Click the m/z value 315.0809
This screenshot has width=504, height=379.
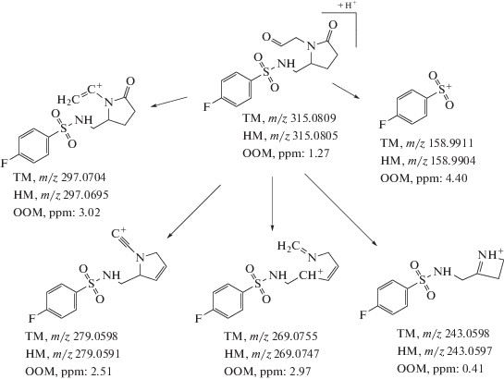(313, 118)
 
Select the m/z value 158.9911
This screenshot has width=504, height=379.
(451, 143)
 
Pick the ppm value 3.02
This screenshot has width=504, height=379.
(89, 213)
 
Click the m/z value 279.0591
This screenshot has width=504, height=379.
(97, 354)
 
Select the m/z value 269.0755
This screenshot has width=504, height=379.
(295, 336)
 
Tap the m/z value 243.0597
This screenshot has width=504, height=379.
(469, 351)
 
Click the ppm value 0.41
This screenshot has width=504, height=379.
(471, 369)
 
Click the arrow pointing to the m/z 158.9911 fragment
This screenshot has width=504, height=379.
(346, 91)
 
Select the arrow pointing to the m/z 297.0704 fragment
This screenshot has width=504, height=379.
(169, 101)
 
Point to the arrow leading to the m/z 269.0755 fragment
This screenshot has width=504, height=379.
(272, 203)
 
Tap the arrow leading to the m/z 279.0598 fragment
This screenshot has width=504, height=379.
(194, 212)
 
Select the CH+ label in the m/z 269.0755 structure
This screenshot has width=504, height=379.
(311, 275)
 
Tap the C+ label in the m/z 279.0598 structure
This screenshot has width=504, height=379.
(119, 234)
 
